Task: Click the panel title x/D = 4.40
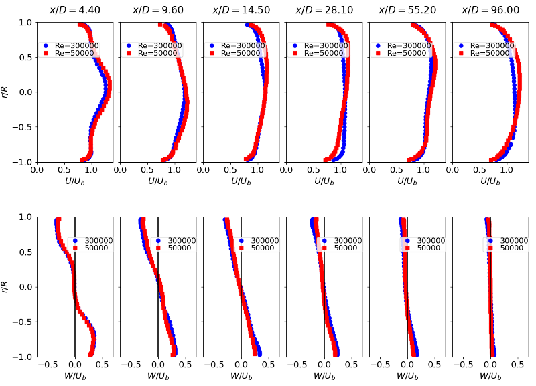tap(74, 10)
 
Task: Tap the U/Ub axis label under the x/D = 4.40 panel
tap(74, 181)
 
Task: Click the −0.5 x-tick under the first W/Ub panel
tap(47, 366)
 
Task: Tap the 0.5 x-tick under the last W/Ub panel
tap(517, 366)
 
